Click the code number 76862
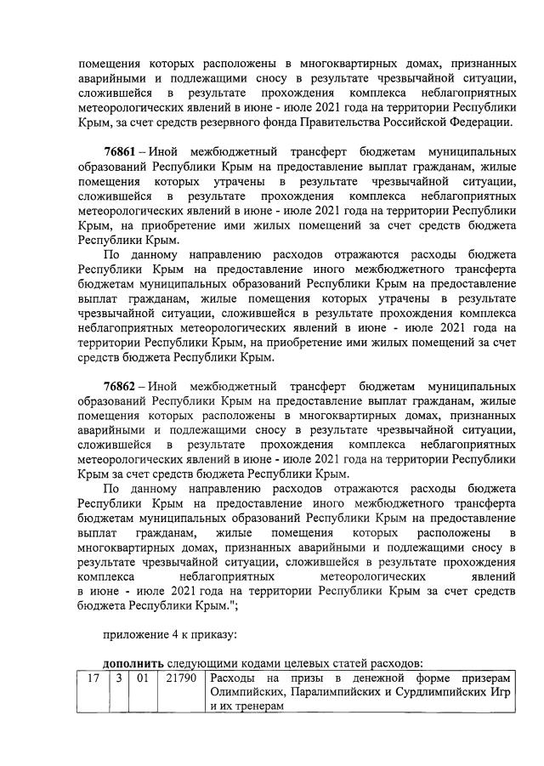click(121, 385)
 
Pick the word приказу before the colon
click(208, 632)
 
